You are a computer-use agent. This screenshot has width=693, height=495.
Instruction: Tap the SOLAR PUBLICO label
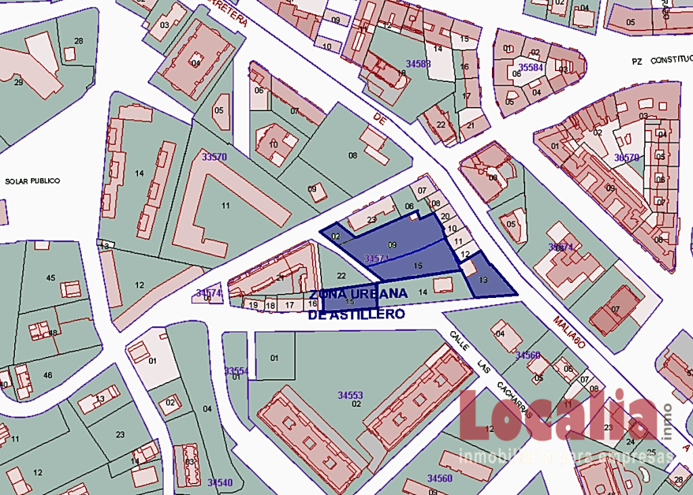point(32,181)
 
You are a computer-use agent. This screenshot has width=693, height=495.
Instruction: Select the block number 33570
point(214,156)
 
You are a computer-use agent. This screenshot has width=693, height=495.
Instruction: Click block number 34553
point(351,394)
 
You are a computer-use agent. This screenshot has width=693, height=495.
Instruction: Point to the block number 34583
point(418,64)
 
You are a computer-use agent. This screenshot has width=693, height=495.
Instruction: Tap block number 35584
point(531,67)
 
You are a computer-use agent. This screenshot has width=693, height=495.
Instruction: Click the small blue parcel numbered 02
point(335,235)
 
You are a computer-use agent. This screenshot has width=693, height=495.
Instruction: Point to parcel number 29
point(18,82)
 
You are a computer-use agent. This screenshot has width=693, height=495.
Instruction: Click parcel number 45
point(51,278)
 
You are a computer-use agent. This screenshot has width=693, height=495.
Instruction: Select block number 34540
point(220,482)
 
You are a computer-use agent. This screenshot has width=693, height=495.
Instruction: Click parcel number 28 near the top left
point(79,41)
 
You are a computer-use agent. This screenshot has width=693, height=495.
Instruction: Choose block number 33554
point(237,371)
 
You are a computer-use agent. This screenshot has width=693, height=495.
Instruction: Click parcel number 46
point(48,374)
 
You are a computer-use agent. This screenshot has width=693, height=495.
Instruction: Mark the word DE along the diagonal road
point(380,120)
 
